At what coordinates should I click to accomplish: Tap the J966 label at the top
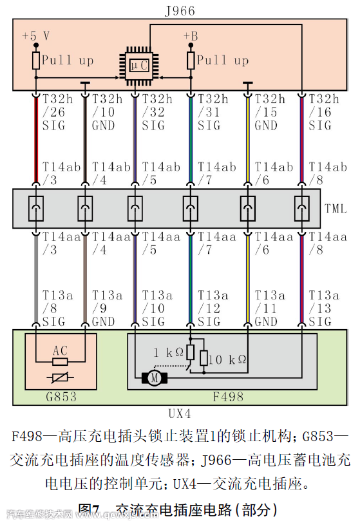click(180, 11)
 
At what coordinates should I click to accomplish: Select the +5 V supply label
click(35, 35)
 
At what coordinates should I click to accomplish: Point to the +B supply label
click(191, 35)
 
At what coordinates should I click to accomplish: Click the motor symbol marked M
click(155, 378)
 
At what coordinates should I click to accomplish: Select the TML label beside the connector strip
click(335, 208)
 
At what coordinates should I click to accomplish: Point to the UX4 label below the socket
click(178, 413)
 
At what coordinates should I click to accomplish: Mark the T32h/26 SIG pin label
click(55, 112)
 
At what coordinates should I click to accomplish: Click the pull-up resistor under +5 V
click(36, 60)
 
